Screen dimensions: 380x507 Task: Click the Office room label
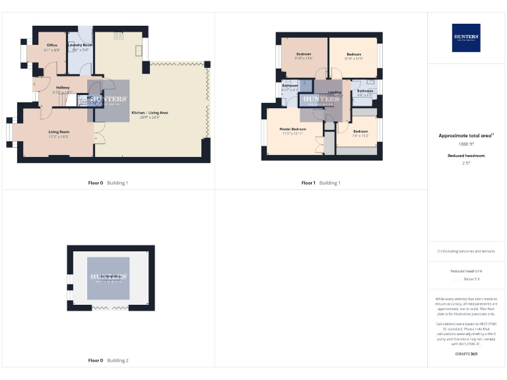tap(51, 46)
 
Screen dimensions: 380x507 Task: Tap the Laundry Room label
tap(80, 45)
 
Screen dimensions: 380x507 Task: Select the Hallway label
tap(63, 87)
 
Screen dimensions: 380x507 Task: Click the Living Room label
tap(59, 132)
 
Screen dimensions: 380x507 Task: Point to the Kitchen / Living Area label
tap(150, 113)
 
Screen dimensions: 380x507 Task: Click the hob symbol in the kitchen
tap(118, 36)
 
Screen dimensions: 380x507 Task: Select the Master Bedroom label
tap(292, 129)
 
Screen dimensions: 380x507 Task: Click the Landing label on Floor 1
tap(335, 92)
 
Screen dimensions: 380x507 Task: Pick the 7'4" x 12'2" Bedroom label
tap(360, 131)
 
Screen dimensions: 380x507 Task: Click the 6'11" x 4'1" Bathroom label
tap(290, 86)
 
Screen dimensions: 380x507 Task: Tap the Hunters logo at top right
tap(466, 38)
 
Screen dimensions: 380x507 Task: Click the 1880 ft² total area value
tap(466, 143)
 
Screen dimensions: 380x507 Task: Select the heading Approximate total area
tap(465, 135)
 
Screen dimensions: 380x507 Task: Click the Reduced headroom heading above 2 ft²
tap(466, 155)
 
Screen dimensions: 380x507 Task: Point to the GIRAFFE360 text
tap(466, 354)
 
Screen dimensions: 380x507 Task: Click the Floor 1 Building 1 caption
tap(321, 183)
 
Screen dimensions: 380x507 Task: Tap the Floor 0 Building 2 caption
tap(108, 361)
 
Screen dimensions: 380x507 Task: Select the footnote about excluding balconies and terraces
tap(466, 251)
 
